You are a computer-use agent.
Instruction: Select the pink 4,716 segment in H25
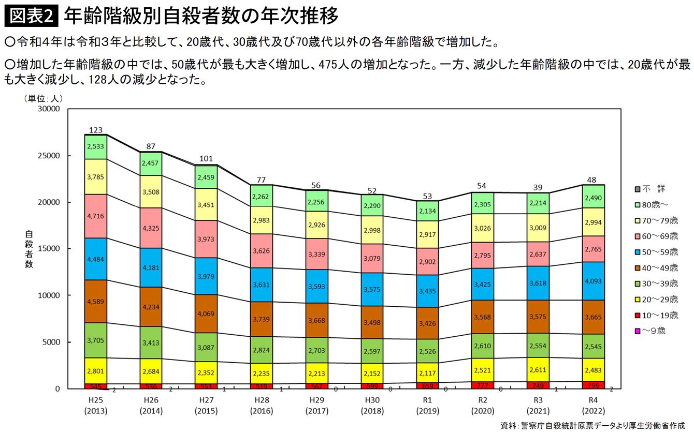point(95,216)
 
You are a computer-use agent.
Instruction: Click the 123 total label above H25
point(95,130)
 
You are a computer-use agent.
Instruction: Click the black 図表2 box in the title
point(31,17)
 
